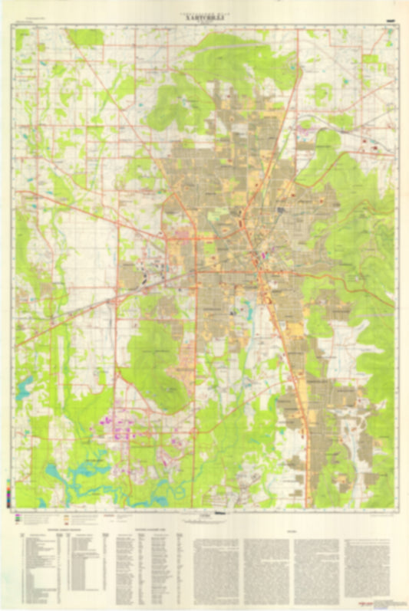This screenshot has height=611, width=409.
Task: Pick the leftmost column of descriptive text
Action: pyautogui.click(x=217, y=571)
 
